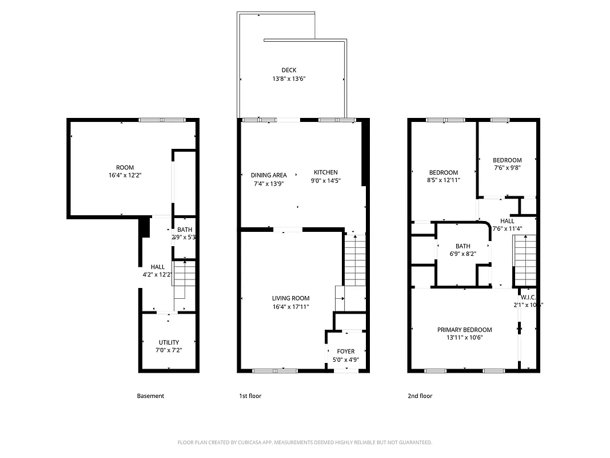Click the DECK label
pyautogui.click(x=289, y=70)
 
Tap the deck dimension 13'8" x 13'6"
pyautogui.click(x=289, y=80)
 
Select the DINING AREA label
pyautogui.click(x=269, y=175)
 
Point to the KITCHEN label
pyautogui.click(x=325, y=172)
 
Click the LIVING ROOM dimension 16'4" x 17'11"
pyautogui.click(x=290, y=307)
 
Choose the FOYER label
pyautogui.click(x=345, y=351)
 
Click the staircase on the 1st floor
pyautogui.click(x=354, y=260)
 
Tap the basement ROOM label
pyautogui.click(x=125, y=168)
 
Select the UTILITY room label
pyautogui.click(x=169, y=342)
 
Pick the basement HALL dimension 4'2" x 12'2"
pyautogui.click(x=157, y=275)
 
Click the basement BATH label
pyautogui.click(x=184, y=230)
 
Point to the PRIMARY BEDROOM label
pyautogui.click(x=464, y=330)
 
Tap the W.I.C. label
pyautogui.click(x=528, y=297)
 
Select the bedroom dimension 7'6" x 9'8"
pyautogui.click(x=507, y=168)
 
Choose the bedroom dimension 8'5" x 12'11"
pyautogui.click(x=444, y=180)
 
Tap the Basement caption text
pyautogui.click(x=150, y=396)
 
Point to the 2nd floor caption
pyautogui.click(x=420, y=396)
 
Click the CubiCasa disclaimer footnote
pyautogui.click(x=305, y=443)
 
